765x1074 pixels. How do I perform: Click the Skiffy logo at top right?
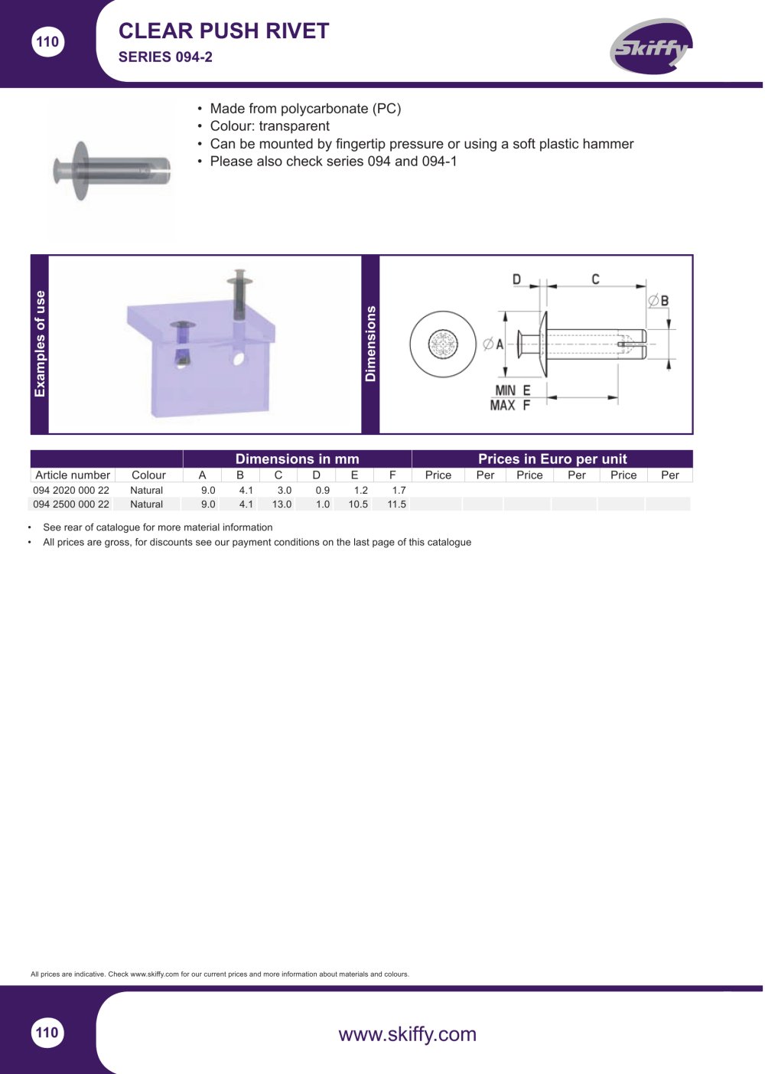click(x=650, y=47)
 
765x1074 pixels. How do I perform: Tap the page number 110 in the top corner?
click(x=47, y=41)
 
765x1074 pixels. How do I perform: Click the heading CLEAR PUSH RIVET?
click(x=223, y=31)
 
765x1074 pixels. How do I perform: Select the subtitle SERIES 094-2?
click(x=165, y=57)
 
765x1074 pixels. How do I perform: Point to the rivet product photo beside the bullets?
click(x=112, y=170)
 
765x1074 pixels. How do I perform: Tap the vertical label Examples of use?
click(x=40, y=344)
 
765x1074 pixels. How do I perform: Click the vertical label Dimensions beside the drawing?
click(x=370, y=344)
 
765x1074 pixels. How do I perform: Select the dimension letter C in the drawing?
click(x=595, y=279)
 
